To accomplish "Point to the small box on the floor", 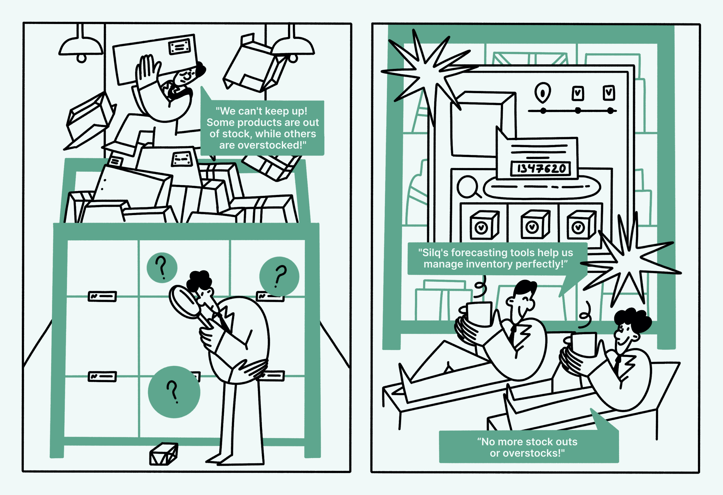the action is coord(164,454).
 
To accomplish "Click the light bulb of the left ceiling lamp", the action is coord(82,58).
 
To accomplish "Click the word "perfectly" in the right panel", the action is coord(541,264).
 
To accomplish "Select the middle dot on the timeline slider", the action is coord(578,111).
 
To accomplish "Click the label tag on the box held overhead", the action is coord(179,47).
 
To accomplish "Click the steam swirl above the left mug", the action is coord(480,289).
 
